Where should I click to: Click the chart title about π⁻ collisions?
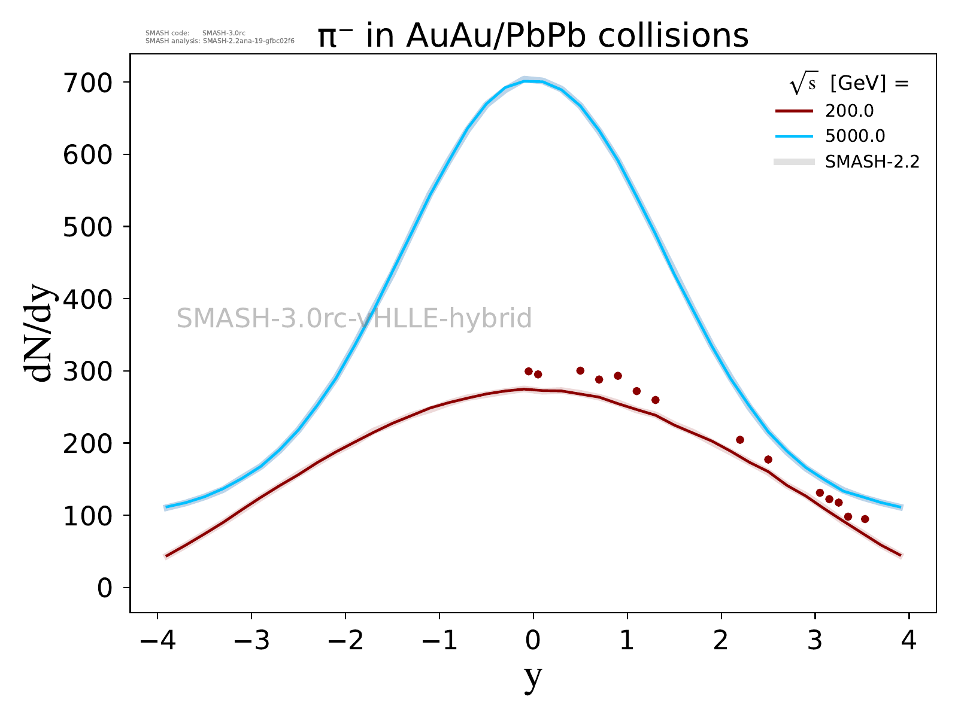[532, 36]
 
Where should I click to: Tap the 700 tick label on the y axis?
[87, 83]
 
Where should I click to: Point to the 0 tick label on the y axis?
[105, 588]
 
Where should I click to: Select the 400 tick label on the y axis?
[87, 299]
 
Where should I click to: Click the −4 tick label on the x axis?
[157, 641]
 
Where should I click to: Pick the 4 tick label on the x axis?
[909, 641]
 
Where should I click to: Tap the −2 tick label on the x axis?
[345, 641]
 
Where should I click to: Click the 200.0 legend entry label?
[849, 111]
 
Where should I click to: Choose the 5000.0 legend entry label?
[855, 136]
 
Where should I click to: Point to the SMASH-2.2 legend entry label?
[872, 162]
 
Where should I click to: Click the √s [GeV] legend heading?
[849, 84]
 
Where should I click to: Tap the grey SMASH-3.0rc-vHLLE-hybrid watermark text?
[354, 318]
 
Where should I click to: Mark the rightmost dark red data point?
[865, 519]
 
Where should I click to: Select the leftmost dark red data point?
[528, 371]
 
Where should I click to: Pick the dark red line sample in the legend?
[795, 111]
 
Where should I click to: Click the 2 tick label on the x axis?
[721, 641]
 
